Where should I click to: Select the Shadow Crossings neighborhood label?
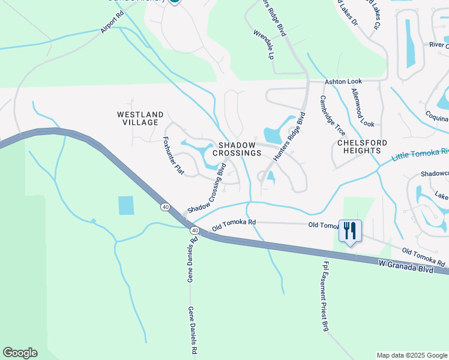[x=240, y=149]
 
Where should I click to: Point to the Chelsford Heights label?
[x=362, y=147]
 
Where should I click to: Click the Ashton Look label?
[x=343, y=81]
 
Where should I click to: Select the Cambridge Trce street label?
[x=332, y=115]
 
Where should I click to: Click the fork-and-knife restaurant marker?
[x=350, y=230]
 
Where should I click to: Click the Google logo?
[x=20, y=353]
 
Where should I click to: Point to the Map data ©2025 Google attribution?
[x=411, y=355]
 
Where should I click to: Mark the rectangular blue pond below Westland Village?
[x=127, y=206]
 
